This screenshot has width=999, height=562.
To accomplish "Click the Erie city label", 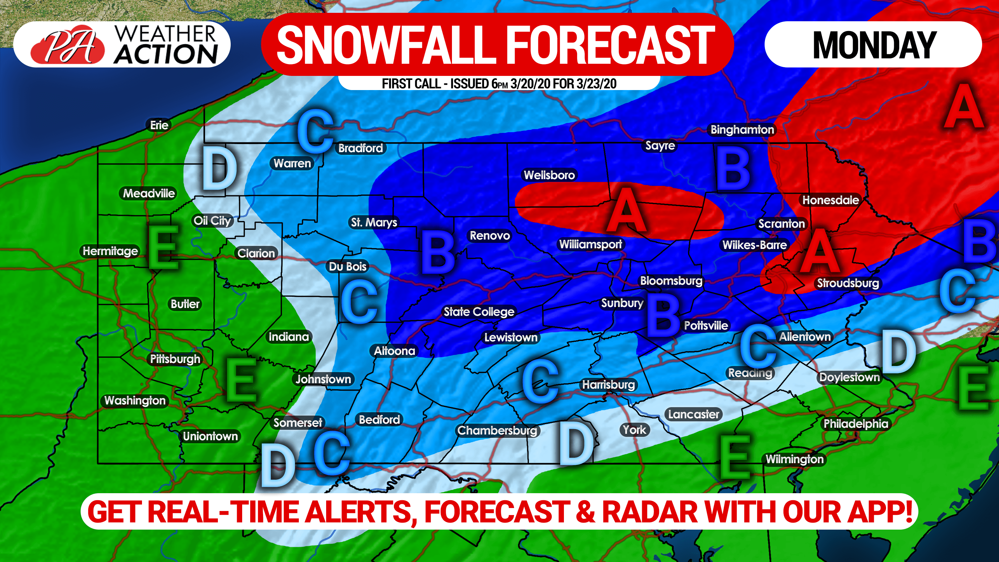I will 159,125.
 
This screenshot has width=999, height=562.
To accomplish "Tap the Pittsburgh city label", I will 175,359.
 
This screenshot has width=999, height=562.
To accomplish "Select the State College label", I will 479,311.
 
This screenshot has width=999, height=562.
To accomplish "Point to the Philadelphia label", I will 856,424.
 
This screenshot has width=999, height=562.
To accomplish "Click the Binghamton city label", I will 742,130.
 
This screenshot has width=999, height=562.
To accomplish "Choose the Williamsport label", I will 590,244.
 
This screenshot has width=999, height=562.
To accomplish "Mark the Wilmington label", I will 794,459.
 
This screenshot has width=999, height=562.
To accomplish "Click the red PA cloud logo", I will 68,46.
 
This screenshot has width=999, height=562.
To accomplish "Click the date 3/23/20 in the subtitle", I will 596,84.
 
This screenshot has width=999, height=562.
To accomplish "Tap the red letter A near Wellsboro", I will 626,212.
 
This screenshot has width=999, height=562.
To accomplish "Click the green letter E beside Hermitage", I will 163,247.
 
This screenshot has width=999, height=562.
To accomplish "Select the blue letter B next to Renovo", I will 438,252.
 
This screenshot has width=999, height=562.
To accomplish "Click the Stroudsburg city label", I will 848,283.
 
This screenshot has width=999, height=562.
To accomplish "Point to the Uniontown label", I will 210,436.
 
